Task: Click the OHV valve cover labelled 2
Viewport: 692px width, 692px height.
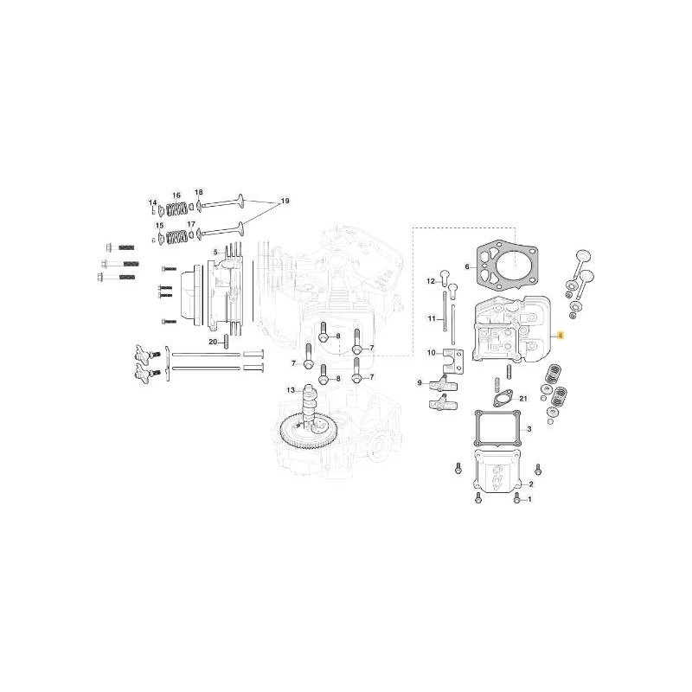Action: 496,475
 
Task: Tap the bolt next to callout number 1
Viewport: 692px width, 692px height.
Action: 517,500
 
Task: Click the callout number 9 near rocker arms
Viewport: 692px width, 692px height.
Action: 420,382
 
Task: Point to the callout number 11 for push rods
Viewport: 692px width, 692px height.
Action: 430,319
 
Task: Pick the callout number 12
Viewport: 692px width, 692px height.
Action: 430,281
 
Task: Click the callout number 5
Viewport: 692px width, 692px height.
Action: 217,252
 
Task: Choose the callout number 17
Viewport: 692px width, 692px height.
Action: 191,225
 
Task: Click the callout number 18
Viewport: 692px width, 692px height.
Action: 198,191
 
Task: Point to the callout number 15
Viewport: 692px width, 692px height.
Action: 157,226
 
